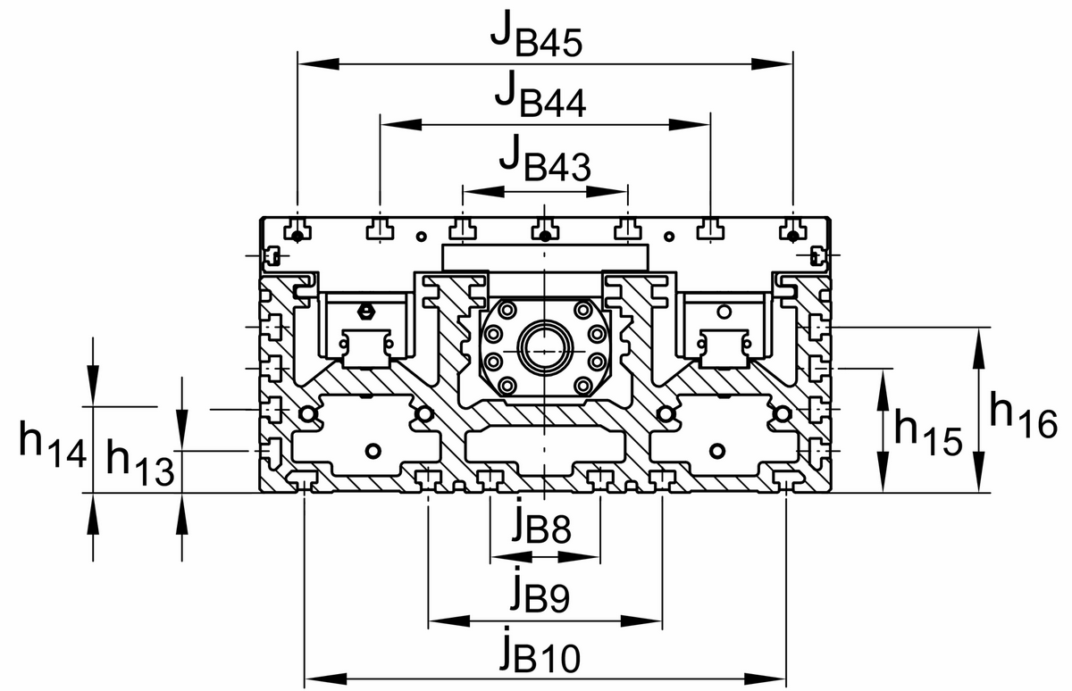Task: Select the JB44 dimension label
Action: [x=541, y=96]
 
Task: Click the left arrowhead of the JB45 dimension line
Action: [x=309, y=63]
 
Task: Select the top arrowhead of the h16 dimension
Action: [x=978, y=338]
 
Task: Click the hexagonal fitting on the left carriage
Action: [x=364, y=312]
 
